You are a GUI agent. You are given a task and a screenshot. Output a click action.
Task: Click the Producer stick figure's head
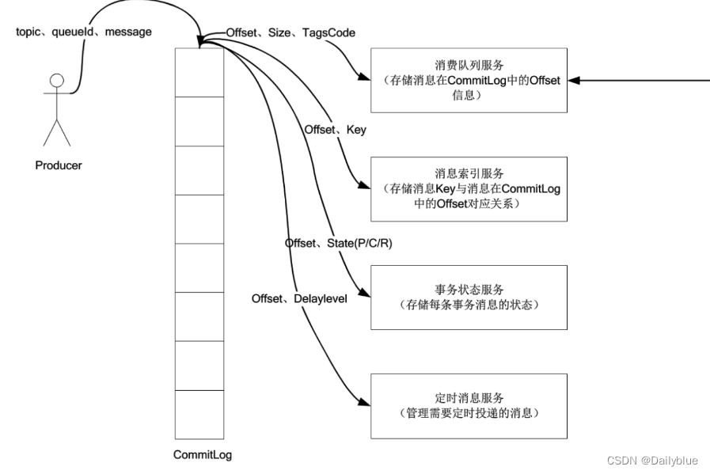pos(56,81)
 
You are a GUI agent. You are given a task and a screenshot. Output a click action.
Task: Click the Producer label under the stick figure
pos(59,165)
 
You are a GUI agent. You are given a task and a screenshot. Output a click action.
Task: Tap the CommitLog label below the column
pos(203,455)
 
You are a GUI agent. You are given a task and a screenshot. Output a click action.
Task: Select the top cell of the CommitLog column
pos(199,72)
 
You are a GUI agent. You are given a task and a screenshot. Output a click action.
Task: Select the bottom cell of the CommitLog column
pos(199,414)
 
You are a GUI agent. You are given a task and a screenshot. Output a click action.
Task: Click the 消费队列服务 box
pos(469,80)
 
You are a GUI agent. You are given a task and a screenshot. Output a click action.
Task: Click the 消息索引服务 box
pos(469,189)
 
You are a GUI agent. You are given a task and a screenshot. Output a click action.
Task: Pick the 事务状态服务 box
pos(469,298)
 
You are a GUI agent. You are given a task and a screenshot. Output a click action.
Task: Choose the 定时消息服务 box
pos(469,406)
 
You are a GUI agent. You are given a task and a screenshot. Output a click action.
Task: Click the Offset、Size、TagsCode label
pos(290,32)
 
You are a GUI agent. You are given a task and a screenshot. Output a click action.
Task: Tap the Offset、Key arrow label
pos(336,129)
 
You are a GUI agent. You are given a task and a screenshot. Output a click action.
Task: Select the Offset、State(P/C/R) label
pos(339,243)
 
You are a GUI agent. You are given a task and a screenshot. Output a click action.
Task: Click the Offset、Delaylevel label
pos(300,298)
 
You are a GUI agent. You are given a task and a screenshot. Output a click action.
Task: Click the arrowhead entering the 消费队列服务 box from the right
pos(574,80)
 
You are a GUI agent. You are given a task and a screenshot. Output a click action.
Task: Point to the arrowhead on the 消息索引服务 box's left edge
pos(365,188)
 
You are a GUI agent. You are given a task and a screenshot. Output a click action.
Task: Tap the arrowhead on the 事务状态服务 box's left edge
pos(365,297)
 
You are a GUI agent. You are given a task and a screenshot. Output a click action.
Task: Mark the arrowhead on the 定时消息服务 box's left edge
pos(365,405)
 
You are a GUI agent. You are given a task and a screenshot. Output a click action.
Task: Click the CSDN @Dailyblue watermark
pos(652,461)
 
